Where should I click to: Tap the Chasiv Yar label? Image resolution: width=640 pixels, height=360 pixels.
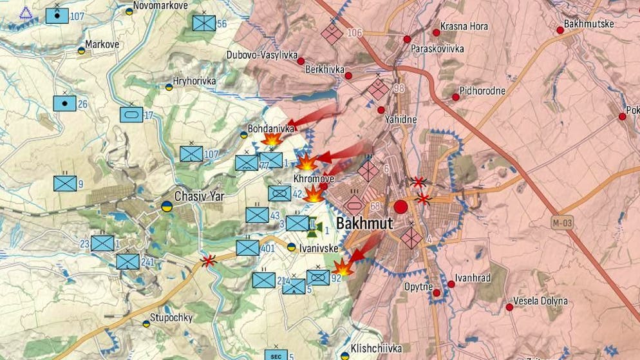199,196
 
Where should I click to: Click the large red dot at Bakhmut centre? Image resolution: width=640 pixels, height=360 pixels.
400,207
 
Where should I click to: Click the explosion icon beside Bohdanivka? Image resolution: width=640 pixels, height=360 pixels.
271,139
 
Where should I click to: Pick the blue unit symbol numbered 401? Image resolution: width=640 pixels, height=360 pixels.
247,248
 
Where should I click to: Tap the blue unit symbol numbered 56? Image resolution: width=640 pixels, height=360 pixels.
204,23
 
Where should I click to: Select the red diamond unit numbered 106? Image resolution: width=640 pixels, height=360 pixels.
332,33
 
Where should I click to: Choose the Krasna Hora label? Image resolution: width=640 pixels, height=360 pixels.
464,27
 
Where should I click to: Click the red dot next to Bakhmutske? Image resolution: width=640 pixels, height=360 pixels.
560,30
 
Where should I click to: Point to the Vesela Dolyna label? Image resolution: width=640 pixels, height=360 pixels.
540,301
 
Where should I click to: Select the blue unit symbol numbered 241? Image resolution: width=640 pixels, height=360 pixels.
127,261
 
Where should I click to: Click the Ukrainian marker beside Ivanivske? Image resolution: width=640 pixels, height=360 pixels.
291,247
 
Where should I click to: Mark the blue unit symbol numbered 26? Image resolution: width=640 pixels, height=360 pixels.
64,103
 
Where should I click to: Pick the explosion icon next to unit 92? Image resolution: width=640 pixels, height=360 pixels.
343,267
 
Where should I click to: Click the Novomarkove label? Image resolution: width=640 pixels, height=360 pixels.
160,5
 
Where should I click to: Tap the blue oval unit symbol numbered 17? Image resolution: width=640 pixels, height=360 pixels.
131,115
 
